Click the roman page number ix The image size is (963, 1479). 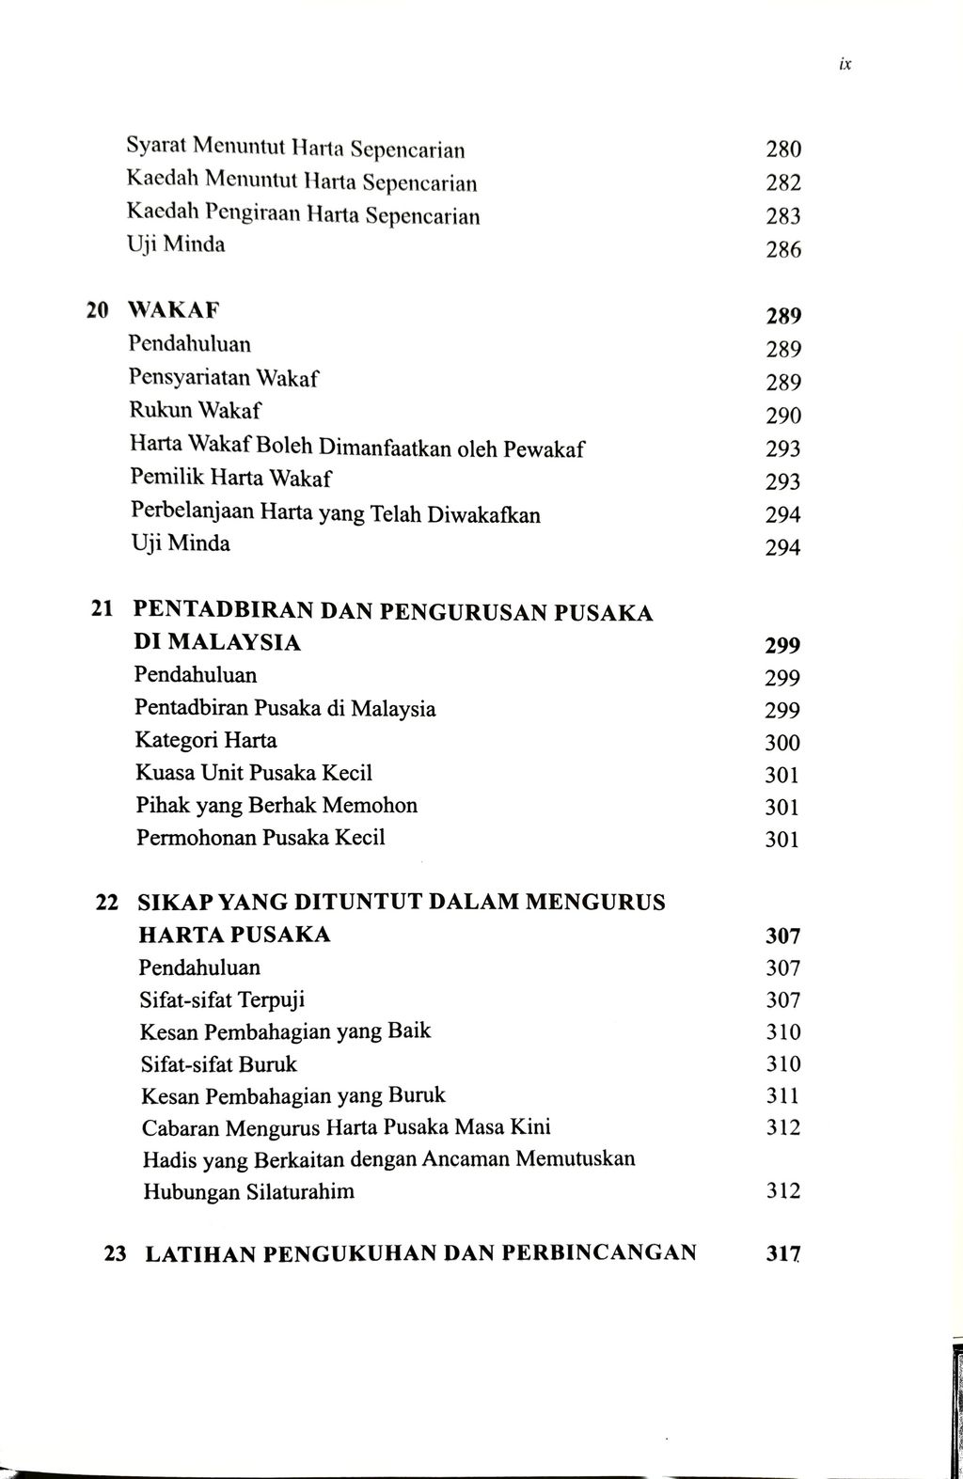coord(845,65)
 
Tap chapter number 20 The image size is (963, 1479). coord(97,309)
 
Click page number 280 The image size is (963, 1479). coord(782,149)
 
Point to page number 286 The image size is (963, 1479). coord(782,250)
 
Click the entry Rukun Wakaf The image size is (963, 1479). coord(195,411)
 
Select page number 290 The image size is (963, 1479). coord(782,416)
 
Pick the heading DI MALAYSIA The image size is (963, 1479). coord(218,643)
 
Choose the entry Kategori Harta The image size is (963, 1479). coord(206,740)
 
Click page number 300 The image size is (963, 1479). coord(782,743)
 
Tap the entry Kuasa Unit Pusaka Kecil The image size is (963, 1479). coord(254,773)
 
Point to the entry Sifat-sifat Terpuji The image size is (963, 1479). coord(222,999)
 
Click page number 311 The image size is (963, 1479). coord(782,1095)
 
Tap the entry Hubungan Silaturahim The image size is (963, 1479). coord(248,1191)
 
